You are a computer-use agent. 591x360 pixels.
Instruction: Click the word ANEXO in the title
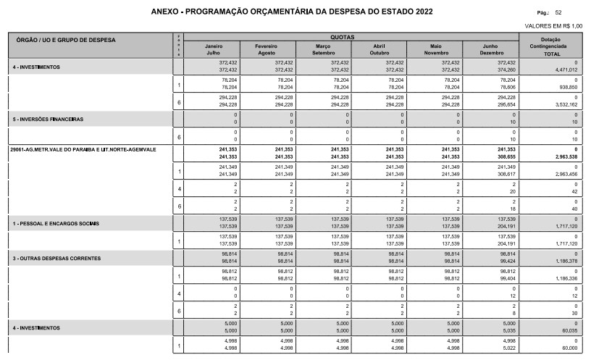tap(167, 12)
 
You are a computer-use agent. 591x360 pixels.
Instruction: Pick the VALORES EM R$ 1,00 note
tap(558, 26)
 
